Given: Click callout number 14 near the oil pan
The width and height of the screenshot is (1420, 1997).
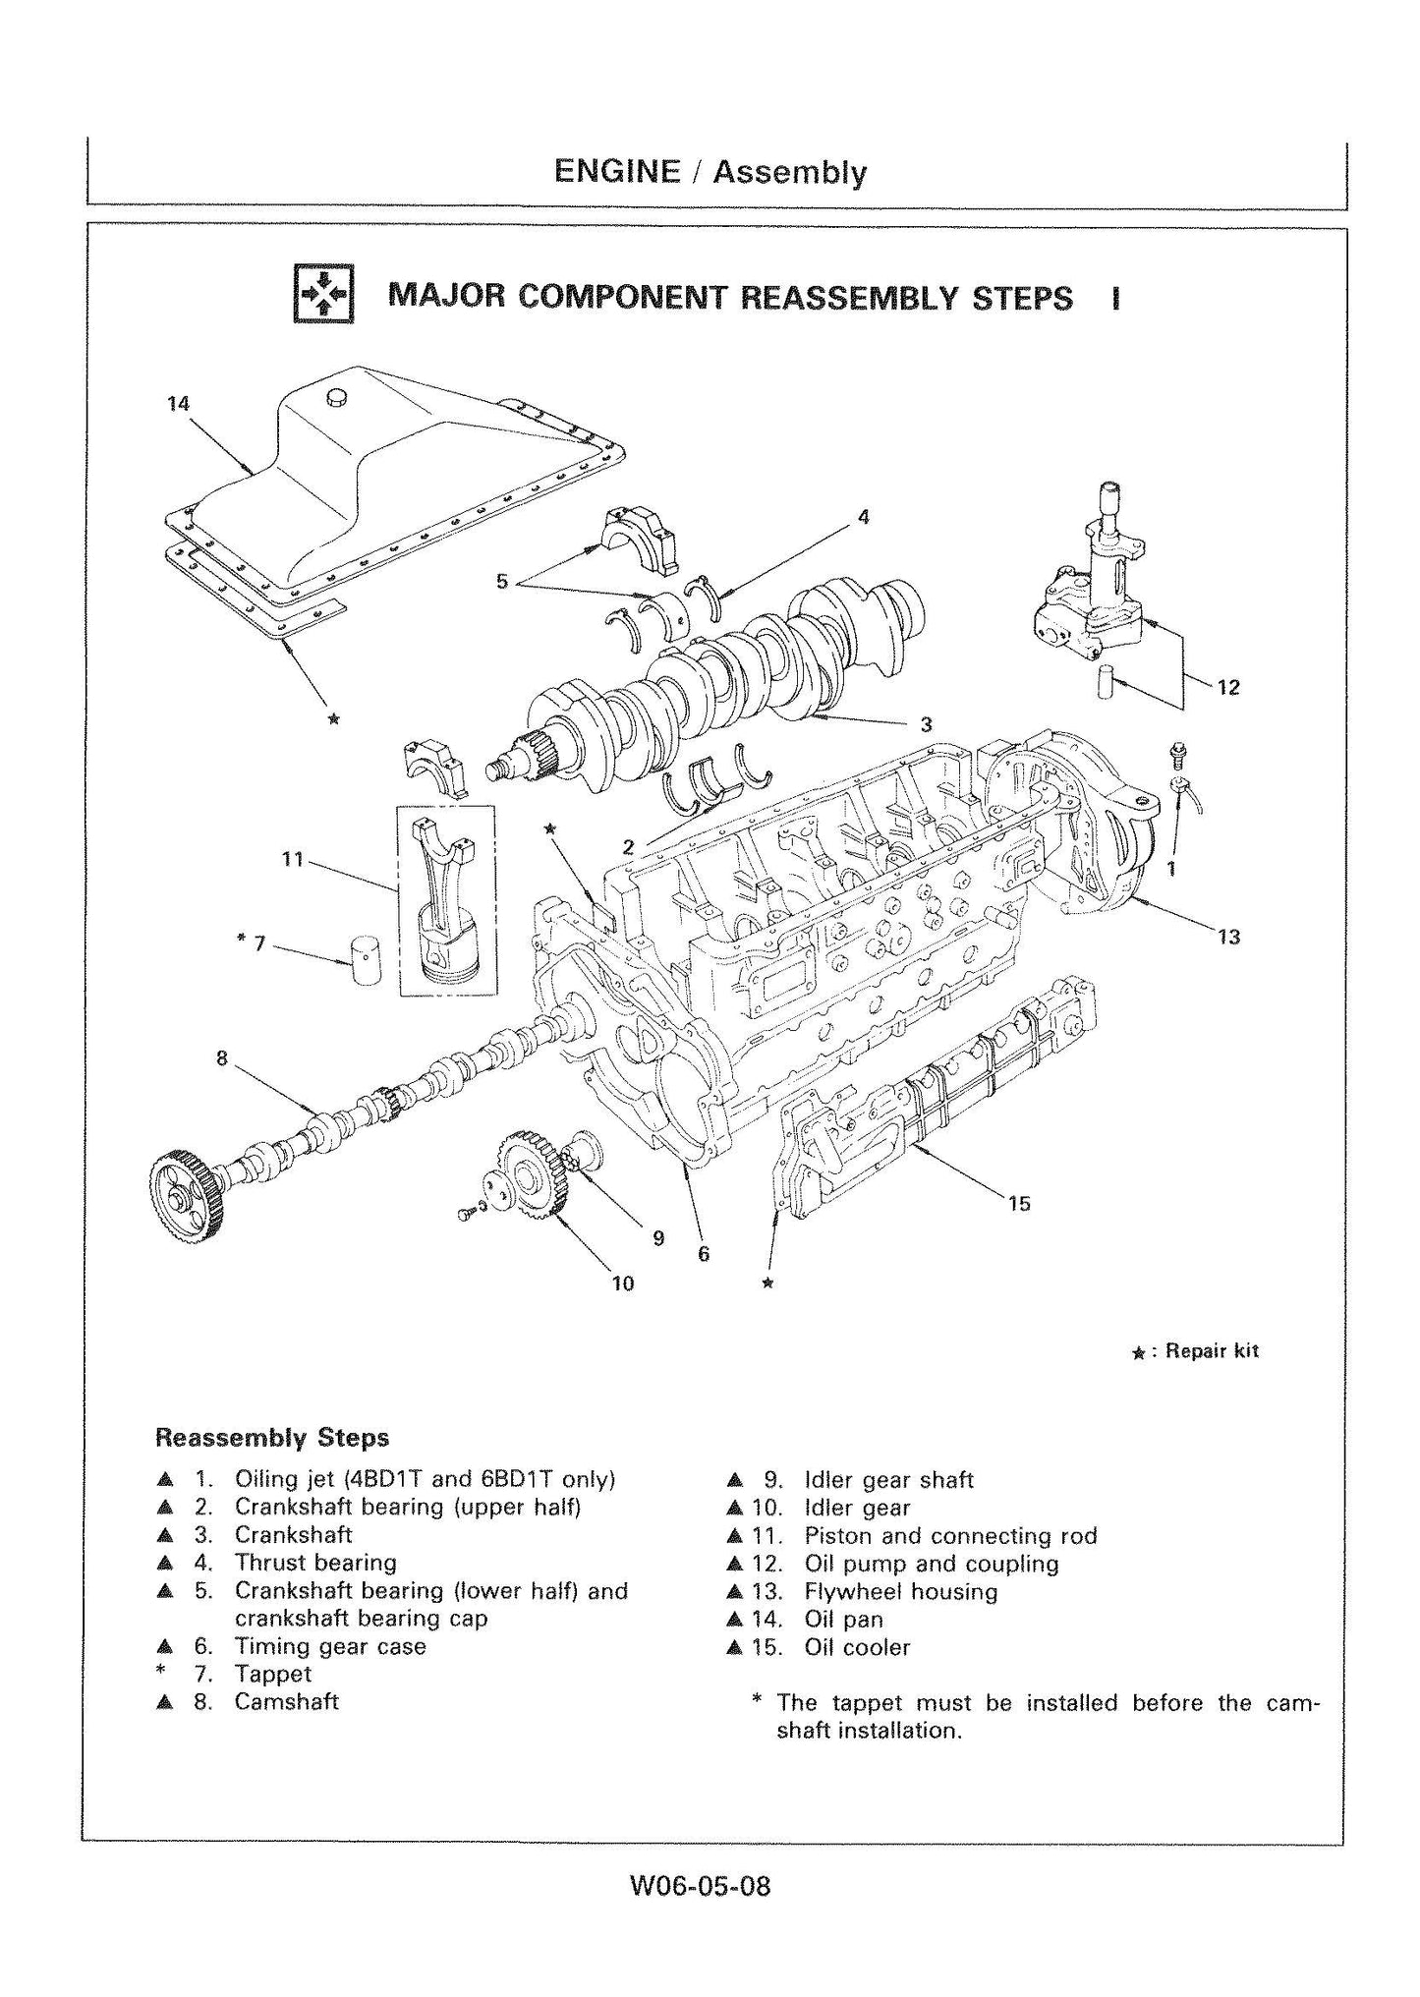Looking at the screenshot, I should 178,404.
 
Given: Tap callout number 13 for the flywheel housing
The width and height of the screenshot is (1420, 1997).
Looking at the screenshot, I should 1228,937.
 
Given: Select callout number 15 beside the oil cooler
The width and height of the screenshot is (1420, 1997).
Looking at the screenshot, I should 1019,1203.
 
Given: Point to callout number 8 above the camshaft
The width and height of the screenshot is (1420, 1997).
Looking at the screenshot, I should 222,1058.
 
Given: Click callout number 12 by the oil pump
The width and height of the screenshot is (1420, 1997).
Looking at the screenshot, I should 1228,687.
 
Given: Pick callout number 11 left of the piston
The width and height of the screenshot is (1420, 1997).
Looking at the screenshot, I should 292,859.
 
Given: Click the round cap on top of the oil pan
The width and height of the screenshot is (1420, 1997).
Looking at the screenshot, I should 337,397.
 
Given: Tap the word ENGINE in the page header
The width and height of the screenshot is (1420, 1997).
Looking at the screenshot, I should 617,172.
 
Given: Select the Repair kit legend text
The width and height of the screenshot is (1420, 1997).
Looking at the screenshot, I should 1211,1351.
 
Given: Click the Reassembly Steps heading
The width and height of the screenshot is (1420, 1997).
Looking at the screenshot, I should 272,1438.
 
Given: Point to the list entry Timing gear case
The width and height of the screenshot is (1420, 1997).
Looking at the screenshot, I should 329,1646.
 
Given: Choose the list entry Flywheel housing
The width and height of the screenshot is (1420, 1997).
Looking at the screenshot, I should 900,1591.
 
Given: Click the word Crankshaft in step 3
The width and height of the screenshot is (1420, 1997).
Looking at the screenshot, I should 293,1534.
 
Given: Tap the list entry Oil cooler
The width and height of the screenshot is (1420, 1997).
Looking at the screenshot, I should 857,1647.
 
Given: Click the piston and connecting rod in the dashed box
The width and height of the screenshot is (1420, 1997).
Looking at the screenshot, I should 445,899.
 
